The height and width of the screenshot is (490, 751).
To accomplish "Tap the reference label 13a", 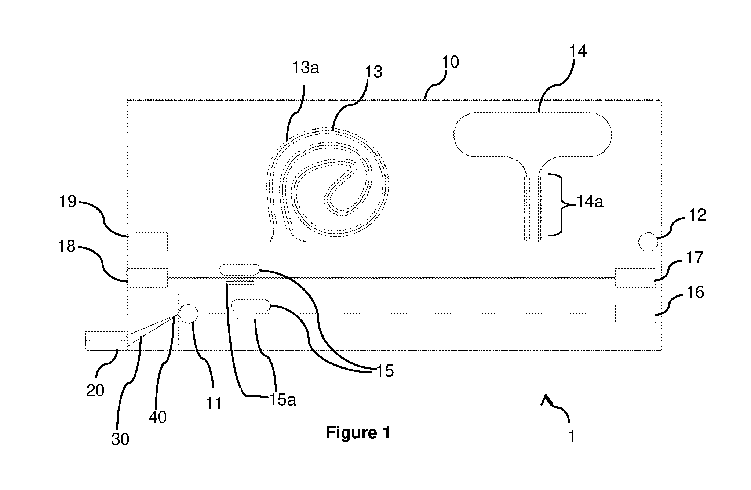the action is (305, 68).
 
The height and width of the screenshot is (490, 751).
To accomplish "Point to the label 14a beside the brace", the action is (590, 202).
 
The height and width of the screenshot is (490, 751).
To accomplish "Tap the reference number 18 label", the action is (66, 247).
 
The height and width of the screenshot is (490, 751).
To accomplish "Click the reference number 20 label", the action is (95, 391).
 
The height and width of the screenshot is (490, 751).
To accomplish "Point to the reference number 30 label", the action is (120, 439).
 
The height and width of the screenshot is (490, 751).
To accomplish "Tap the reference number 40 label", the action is (158, 417).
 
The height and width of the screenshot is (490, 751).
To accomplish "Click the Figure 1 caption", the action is (358, 433).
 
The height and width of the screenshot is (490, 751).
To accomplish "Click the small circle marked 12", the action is (648, 242).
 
